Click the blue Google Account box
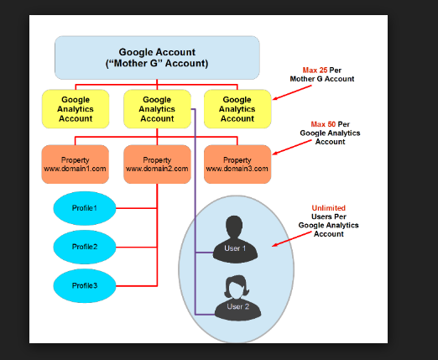[157, 58]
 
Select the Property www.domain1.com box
[76, 164]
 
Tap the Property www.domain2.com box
[157, 164]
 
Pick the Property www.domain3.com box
[237, 164]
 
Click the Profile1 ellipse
[85, 208]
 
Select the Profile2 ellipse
[85, 247]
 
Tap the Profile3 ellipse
[85, 285]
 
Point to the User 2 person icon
[237, 298]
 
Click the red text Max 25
[315, 70]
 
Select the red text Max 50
[323, 124]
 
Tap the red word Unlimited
[328, 208]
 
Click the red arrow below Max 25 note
[292, 92]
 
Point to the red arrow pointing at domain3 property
[292, 147]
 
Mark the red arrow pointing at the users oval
[292, 239]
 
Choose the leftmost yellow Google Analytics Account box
[76, 109]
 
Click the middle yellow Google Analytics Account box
[157, 109]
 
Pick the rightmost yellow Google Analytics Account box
[237, 109]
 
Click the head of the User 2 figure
[237, 287]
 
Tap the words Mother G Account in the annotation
[322, 79]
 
